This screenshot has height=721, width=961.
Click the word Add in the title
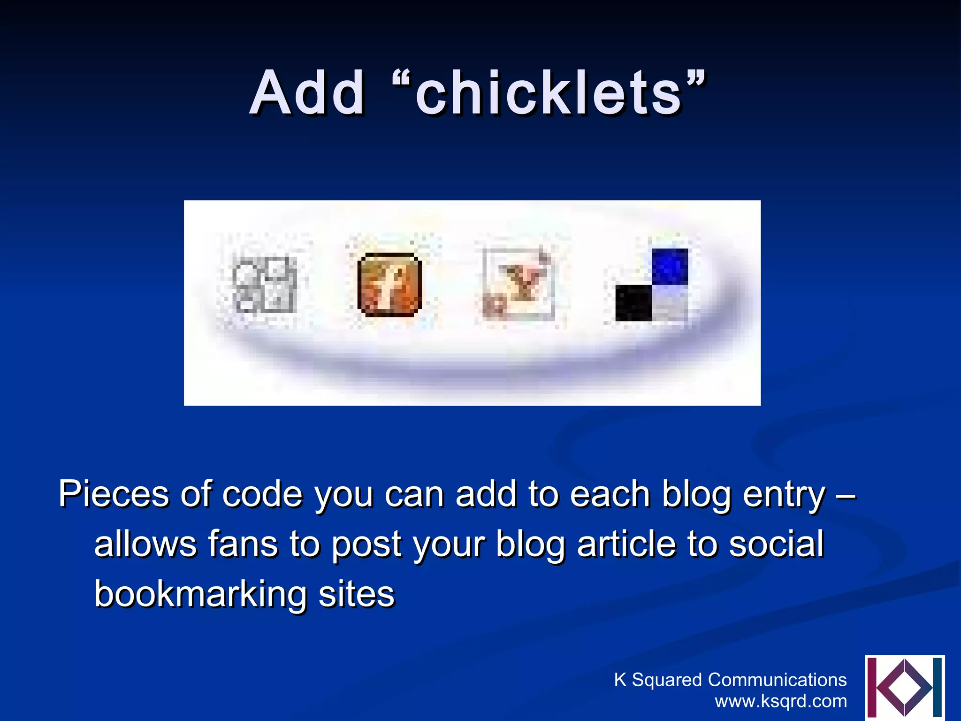(x=307, y=93)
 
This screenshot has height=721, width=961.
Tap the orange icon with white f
(x=389, y=284)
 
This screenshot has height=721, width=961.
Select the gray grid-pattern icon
(x=265, y=284)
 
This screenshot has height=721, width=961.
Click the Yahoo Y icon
(x=519, y=284)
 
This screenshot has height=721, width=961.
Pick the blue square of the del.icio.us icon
(x=670, y=266)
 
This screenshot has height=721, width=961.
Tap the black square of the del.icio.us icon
(x=633, y=303)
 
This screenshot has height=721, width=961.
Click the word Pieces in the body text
(x=114, y=494)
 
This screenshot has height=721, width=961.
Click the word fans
(x=243, y=544)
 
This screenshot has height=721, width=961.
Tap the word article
(x=626, y=544)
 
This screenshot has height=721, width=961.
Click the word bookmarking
(x=200, y=594)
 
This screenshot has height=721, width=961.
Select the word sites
(x=357, y=594)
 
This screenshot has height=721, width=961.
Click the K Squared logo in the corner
(x=904, y=688)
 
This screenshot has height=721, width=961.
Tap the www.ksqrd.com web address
(x=781, y=701)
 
